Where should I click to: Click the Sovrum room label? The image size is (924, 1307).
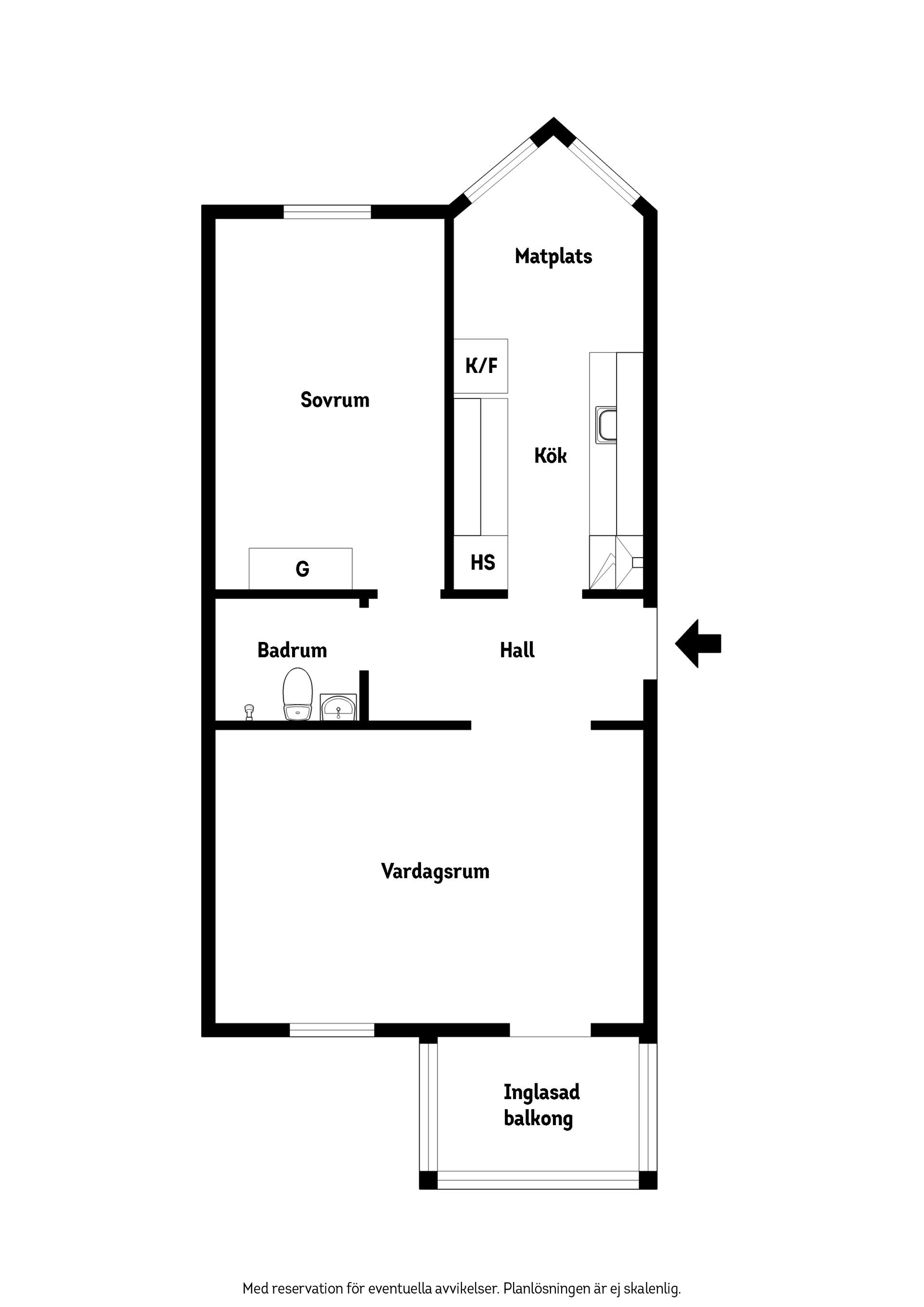click(x=335, y=400)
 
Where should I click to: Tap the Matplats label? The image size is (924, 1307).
click(x=553, y=257)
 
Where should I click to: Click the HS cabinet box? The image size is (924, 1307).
click(x=482, y=563)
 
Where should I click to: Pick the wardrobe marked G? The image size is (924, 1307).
click(x=301, y=568)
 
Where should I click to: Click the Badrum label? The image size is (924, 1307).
click(x=292, y=650)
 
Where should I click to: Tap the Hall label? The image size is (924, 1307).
click(x=517, y=650)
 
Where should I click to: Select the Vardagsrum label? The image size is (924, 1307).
click(x=435, y=871)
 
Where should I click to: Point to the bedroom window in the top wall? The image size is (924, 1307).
click(x=327, y=212)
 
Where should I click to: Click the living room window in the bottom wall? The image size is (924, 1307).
click(x=332, y=1030)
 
